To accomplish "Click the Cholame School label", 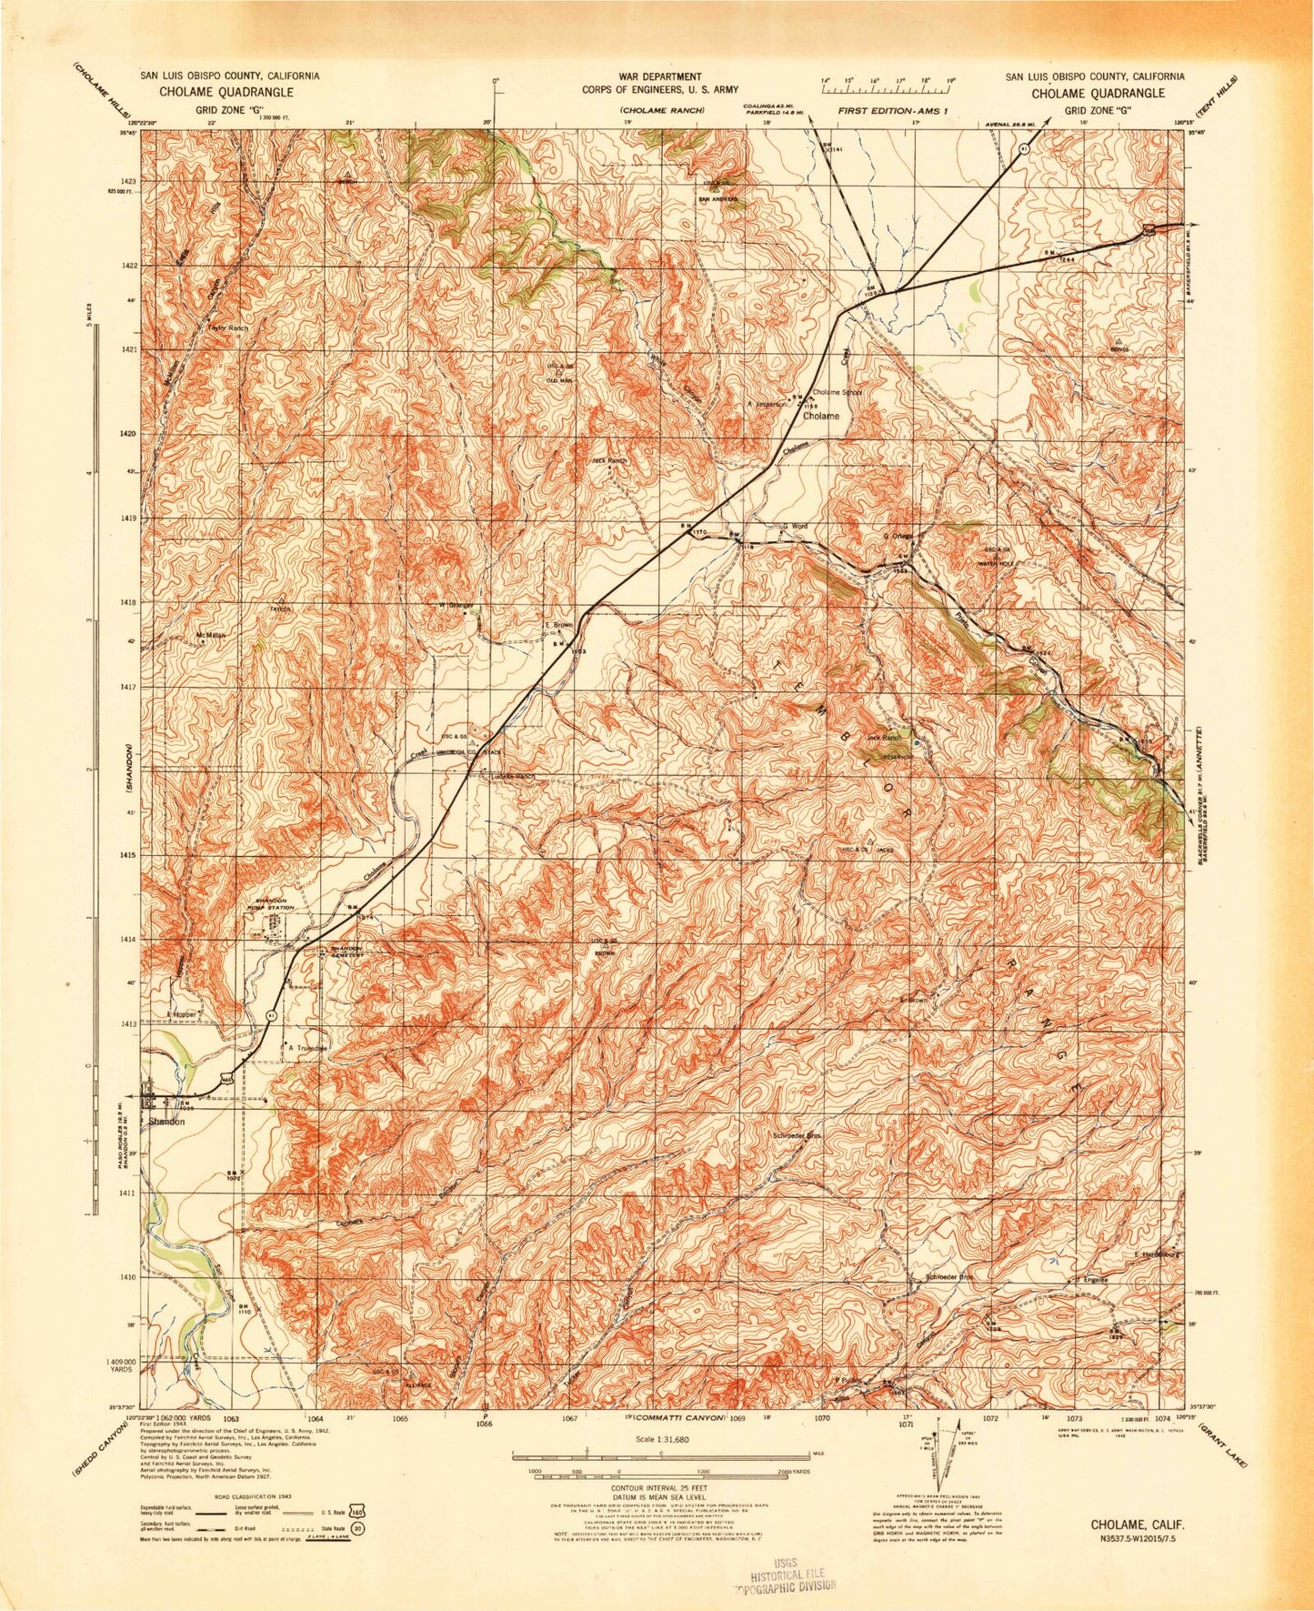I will [837, 393].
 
